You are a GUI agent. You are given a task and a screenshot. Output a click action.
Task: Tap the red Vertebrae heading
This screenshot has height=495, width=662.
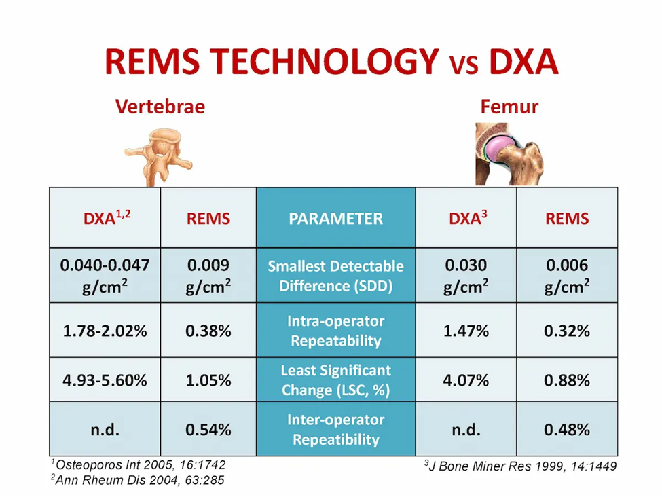pyautogui.click(x=160, y=107)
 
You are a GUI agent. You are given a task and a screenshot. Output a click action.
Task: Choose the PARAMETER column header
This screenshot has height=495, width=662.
pyautogui.click(x=335, y=219)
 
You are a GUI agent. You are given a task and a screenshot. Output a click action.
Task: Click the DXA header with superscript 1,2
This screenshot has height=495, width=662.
pyautogui.click(x=105, y=219)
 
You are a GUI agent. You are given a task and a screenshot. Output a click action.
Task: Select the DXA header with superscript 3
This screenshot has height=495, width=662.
pyautogui.click(x=466, y=219)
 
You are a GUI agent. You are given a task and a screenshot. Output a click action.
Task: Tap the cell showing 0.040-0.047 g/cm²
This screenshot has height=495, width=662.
pyautogui.click(x=105, y=276)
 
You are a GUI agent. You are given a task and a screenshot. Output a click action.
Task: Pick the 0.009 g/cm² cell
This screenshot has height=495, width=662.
pyautogui.click(x=208, y=276)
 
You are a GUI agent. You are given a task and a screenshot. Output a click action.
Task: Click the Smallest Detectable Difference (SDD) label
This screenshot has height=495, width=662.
pyautogui.click(x=335, y=276)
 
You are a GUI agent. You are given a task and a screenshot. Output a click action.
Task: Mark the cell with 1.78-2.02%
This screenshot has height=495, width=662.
pyautogui.click(x=105, y=331)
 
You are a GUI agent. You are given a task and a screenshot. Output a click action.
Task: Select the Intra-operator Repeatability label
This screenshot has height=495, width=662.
pyautogui.click(x=335, y=331)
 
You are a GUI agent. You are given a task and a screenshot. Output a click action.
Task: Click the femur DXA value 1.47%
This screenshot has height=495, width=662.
pyautogui.click(x=466, y=331)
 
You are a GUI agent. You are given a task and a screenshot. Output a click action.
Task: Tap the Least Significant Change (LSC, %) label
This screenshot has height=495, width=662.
pyautogui.click(x=335, y=380)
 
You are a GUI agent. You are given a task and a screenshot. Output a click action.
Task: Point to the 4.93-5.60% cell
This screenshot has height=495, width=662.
pyautogui.click(x=105, y=380)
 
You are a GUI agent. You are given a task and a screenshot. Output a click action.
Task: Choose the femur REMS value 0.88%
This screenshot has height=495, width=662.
pyautogui.click(x=567, y=380)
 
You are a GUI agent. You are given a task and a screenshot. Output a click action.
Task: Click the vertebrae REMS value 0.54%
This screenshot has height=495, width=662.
pyautogui.click(x=208, y=429)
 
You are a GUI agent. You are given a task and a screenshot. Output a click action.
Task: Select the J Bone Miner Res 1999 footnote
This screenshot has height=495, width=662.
pyautogui.click(x=520, y=466)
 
